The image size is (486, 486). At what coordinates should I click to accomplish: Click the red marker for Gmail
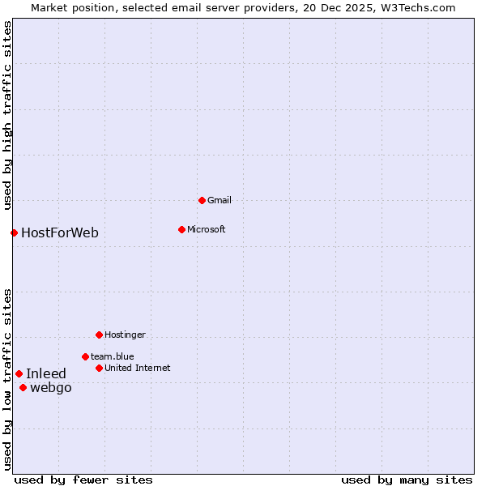(x=202, y=200)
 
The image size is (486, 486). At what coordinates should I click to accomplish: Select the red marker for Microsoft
(x=181, y=229)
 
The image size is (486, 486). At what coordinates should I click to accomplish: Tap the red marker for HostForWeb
(x=14, y=232)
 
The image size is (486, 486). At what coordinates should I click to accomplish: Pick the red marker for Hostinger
(x=99, y=335)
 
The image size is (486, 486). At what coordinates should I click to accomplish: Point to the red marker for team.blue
(x=85, y=356)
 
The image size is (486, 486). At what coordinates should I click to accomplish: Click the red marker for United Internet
(x=99, y=368)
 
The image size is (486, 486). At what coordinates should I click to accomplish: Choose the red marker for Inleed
(x=19, y=373)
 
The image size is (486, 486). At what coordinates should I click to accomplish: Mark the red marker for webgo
(x=23, y=387)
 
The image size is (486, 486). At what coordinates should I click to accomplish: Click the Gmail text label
(x=220, y=200)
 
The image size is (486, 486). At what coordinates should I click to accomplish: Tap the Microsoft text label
(x=207, y=229)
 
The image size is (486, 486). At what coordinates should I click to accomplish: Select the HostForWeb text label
(x=60, y=233)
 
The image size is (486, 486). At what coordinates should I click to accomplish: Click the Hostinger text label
(x=126, y=335)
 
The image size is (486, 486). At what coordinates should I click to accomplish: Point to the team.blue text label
(x=113, y=356)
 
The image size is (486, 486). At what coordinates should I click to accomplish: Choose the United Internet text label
(x=138, y=368)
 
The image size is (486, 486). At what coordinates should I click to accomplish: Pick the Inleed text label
(x=46, y=374)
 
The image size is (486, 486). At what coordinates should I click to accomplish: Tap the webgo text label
(x=51, y=388)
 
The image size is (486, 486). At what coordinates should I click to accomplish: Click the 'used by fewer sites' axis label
(x=83, y=480)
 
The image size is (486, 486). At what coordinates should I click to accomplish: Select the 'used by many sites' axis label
(x=407, y=480)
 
